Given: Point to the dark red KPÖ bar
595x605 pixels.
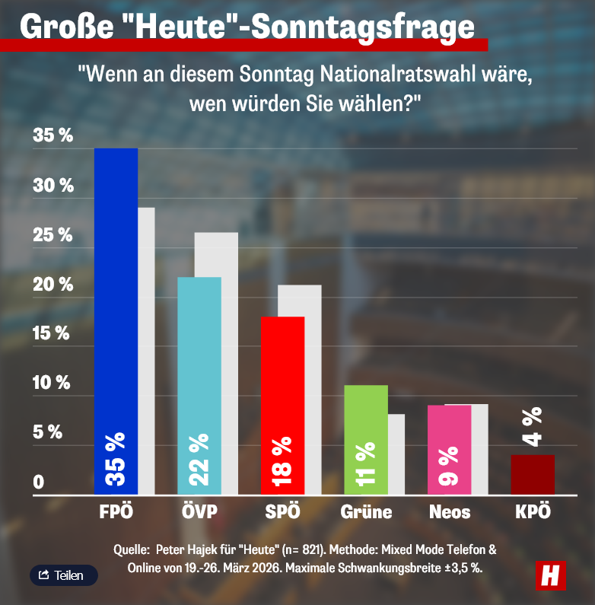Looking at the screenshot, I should pyautogui.click(x=533, y=474).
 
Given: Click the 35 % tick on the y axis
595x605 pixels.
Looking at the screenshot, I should pyautogui.click(x=53, y=136).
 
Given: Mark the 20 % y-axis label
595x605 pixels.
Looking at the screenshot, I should pyautogui.click(x=53, y=285).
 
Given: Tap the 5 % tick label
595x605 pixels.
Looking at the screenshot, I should pyautogui.click(x=48, y=432).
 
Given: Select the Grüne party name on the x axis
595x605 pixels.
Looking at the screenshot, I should pyautogui.click(x=366, y=511).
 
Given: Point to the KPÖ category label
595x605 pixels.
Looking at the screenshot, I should pyautogui.click(x=533, y=511).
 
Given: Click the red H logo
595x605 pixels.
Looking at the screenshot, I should pyautogui.click(x=550, y=575).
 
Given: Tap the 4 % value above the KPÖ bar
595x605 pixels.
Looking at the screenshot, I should pyautogui.click(x=533, y=426).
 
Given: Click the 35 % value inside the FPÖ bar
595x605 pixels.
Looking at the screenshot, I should pyautogui.click(x=116, y=461).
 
